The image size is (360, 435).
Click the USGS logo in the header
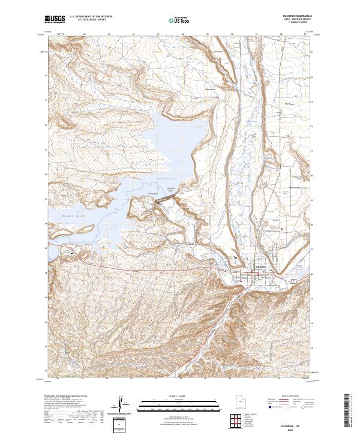pyautogui.click(x=55, y=19)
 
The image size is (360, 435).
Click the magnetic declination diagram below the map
pyautogui.click(x=124, y=404)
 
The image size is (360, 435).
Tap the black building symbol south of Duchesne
pyautogui.click(x=239, y=296)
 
